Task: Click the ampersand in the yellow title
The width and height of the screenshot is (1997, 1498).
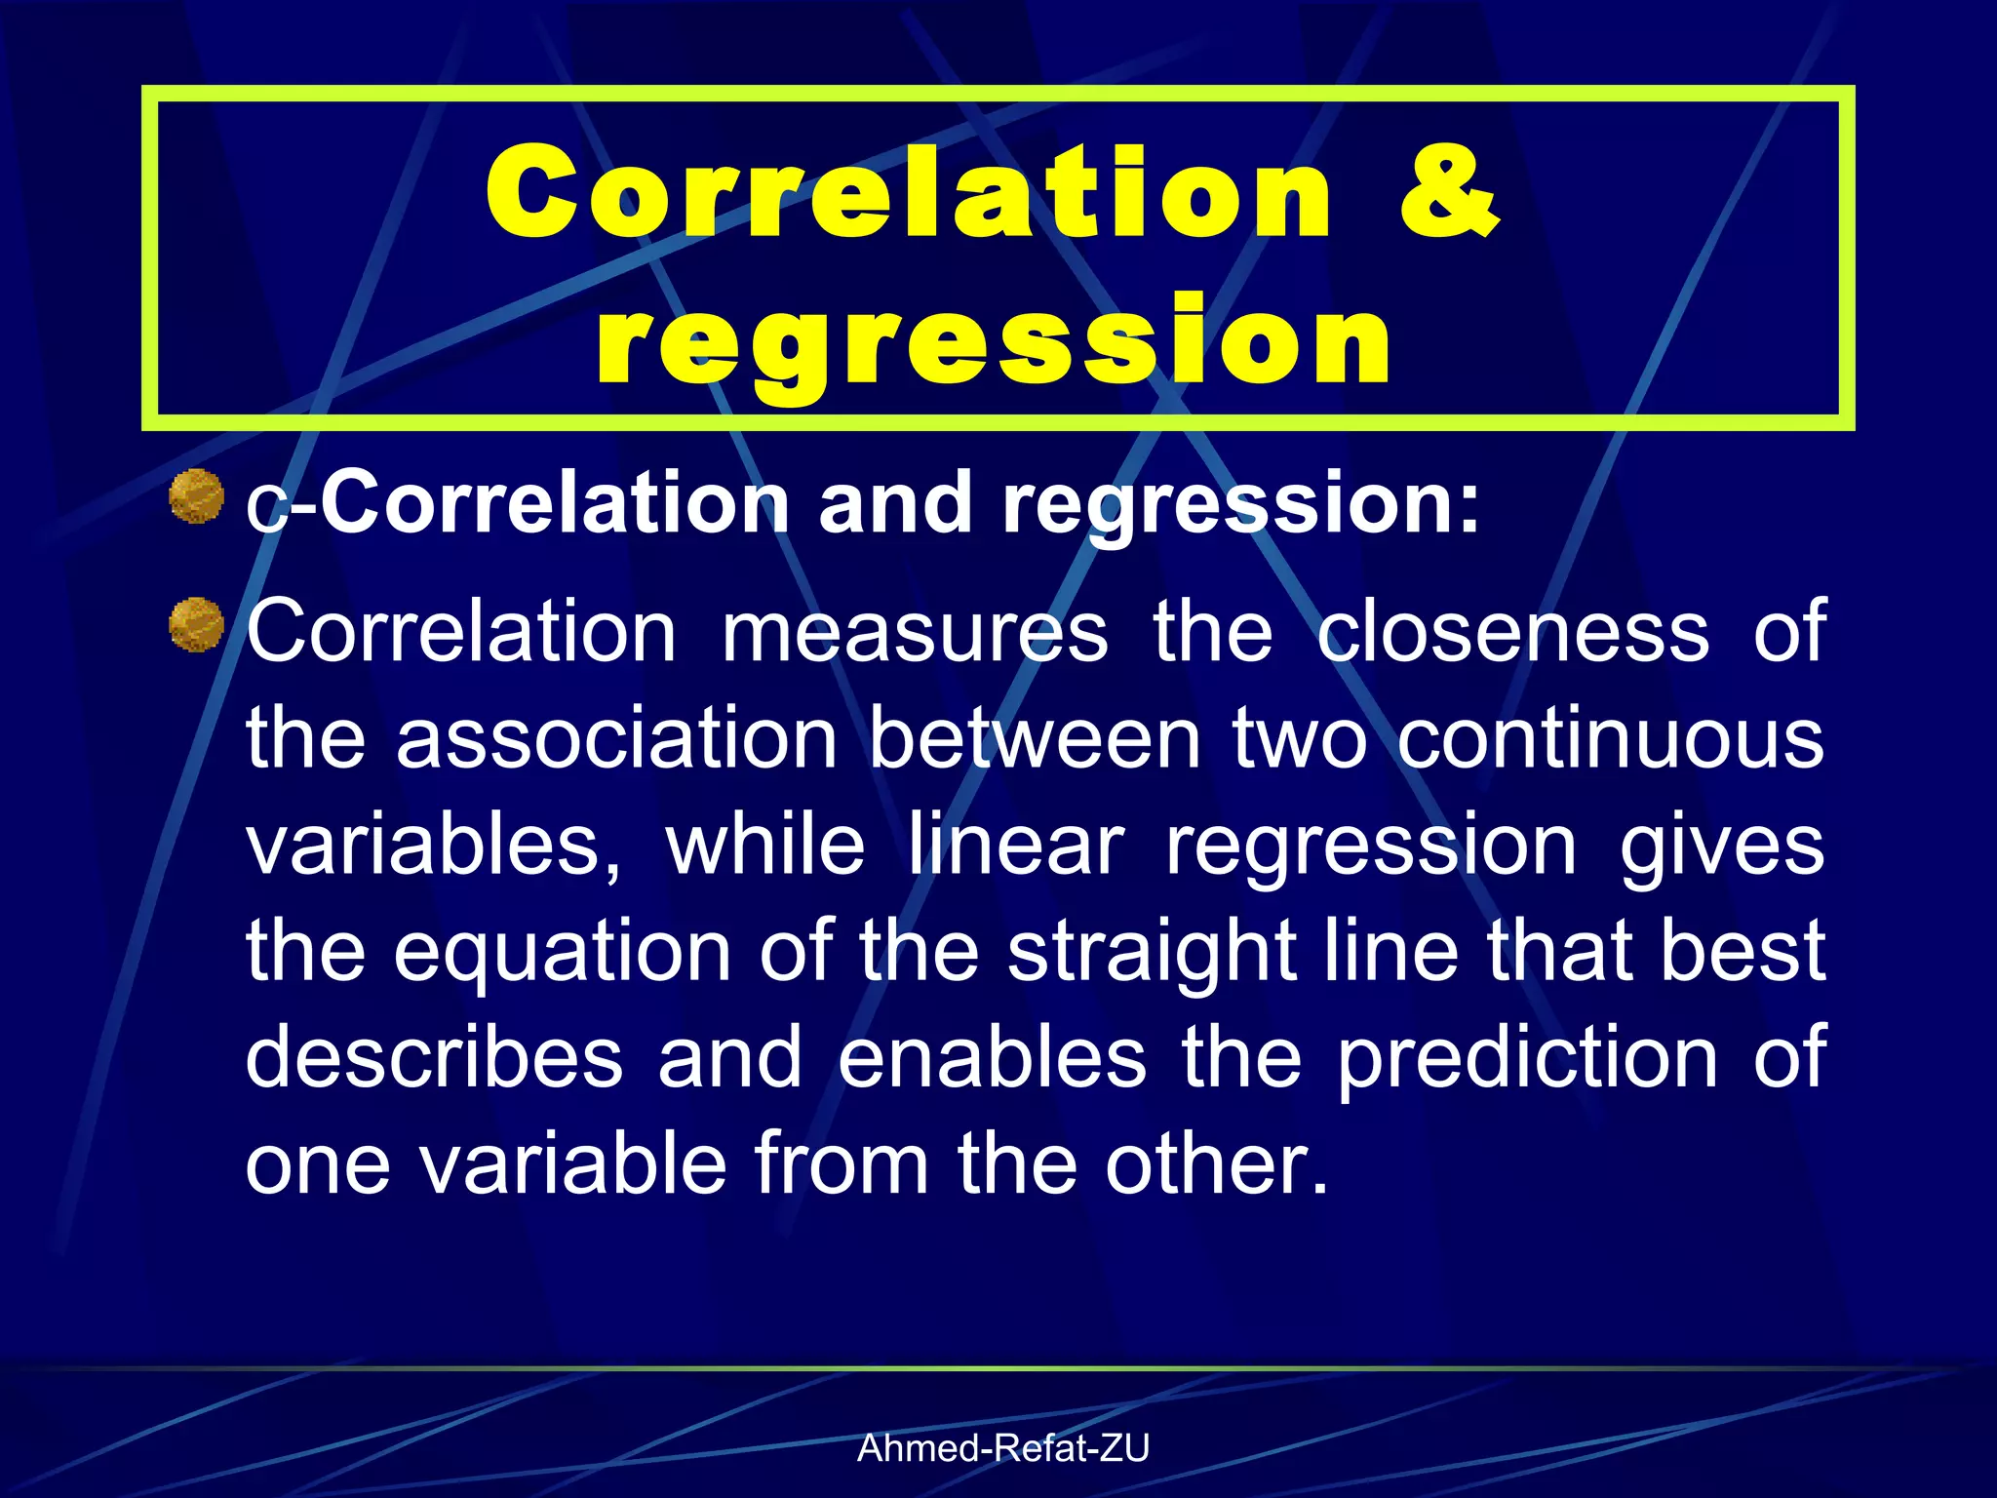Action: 1449,191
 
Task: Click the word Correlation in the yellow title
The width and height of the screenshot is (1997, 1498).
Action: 907,191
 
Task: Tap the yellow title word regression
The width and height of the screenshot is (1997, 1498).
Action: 995,341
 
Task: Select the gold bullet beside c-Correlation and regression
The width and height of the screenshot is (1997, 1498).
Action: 196,496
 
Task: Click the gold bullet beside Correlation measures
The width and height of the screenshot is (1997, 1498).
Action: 196,625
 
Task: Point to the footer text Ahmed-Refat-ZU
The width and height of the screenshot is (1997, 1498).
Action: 1002,1448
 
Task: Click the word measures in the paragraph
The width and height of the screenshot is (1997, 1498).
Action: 914,632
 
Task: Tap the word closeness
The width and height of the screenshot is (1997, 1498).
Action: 1512,632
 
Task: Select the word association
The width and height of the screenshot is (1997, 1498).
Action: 616,738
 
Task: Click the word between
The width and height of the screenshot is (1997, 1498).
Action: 1035,738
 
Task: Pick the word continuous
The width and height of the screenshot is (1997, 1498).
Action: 1610,738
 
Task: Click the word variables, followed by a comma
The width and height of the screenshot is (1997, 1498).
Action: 433,845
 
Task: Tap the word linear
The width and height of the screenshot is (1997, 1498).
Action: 1016,845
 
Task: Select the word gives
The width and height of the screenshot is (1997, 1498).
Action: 1721,845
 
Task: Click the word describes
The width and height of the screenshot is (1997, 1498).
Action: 433,1058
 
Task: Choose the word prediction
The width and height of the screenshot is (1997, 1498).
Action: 1527,1058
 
